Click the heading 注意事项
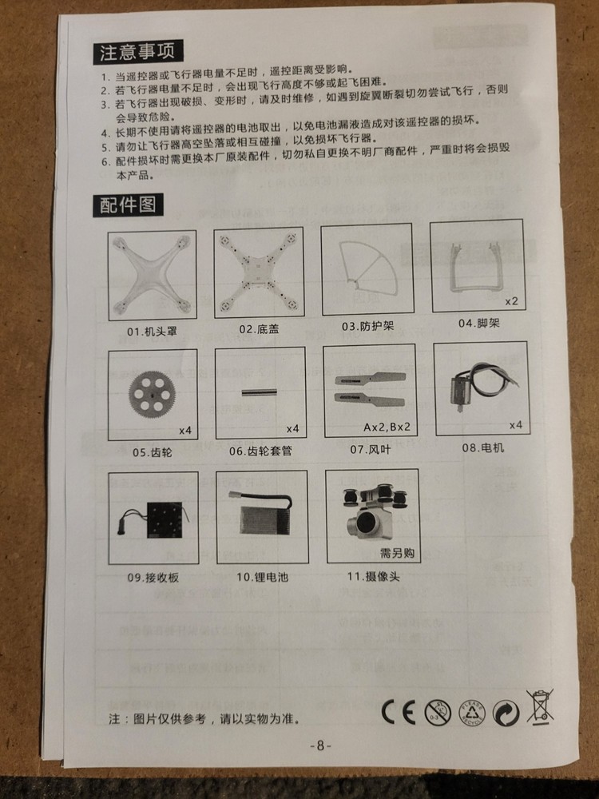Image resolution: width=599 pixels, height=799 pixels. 137,52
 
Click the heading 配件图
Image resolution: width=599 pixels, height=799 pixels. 128,205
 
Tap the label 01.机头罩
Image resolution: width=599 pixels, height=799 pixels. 152,332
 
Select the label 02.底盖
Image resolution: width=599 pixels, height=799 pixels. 260,329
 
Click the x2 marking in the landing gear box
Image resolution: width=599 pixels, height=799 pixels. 511,301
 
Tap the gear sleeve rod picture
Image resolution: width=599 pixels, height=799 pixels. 259,392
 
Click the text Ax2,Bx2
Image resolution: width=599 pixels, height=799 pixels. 387,427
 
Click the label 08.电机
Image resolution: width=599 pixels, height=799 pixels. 483,448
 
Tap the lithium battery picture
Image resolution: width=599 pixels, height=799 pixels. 264,514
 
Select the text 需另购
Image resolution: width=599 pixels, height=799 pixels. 397,553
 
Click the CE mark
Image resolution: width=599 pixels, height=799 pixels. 399,711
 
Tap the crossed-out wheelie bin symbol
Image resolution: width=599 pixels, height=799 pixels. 540,707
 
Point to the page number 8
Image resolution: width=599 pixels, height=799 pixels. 320,745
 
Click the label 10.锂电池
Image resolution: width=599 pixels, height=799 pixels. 262,577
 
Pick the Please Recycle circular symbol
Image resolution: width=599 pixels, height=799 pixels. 472,712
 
